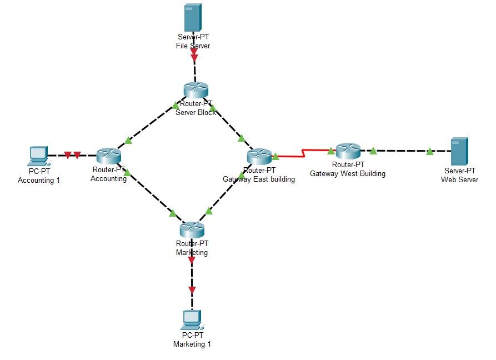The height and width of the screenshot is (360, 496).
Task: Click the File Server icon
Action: (x=192, y=18)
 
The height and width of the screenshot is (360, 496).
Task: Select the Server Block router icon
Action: (x=196, y=89)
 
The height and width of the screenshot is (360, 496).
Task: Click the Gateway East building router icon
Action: (x=259, y=157)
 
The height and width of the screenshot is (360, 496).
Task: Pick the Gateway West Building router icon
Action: (x=348, y=149)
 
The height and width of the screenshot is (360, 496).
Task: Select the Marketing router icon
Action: (x=192, y=228)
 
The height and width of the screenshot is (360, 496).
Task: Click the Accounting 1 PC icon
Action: (x=38, y=156)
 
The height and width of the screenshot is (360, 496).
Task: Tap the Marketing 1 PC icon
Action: (x=192, y=319)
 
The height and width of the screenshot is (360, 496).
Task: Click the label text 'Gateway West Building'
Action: (x=348, y=173)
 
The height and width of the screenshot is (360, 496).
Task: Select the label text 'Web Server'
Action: (x=459, y=179)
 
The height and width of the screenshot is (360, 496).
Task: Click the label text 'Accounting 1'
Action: (x=38, y=180)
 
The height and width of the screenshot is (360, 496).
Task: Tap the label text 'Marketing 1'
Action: (x=192, y=344)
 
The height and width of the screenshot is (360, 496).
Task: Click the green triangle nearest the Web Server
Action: (x=430, y=151)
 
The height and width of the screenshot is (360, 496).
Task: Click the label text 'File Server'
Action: (x=192, y=46)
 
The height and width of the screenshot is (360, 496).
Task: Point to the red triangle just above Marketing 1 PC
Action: (x=192, y=290)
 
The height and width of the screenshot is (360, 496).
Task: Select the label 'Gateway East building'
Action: (x=259, y=179)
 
